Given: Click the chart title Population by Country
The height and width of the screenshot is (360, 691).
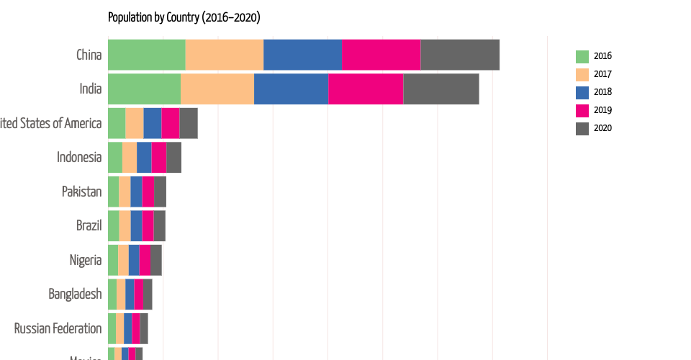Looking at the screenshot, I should (184, 17).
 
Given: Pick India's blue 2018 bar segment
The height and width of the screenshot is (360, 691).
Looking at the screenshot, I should (291, 89).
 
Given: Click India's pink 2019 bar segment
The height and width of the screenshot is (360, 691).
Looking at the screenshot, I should (366, 89).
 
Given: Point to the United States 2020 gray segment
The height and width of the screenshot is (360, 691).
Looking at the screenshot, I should (189, 123).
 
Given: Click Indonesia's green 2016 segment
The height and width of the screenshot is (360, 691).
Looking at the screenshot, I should (114, 157).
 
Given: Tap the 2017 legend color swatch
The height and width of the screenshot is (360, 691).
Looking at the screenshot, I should (582, 74).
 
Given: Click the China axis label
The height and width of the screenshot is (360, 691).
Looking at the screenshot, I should (89, 55).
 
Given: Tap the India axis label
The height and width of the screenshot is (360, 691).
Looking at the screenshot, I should (90, 89).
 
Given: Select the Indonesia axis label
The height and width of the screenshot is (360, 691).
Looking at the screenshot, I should (79, 157).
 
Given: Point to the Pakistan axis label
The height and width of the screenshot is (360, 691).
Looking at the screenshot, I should (81, 192).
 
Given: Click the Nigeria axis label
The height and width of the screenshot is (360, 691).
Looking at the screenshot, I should (85, 260).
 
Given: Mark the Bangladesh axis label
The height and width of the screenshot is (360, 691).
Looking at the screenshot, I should (75, 294).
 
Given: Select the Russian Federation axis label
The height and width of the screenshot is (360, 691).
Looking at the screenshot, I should (58, 328).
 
